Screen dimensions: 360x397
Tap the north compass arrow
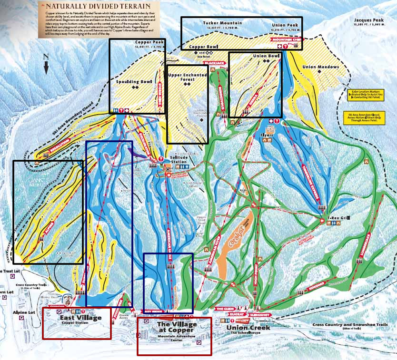[46, 64]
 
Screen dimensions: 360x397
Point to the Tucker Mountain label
[222, 23]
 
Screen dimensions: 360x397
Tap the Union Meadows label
[321, 67]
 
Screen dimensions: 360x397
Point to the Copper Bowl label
[203, 47]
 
